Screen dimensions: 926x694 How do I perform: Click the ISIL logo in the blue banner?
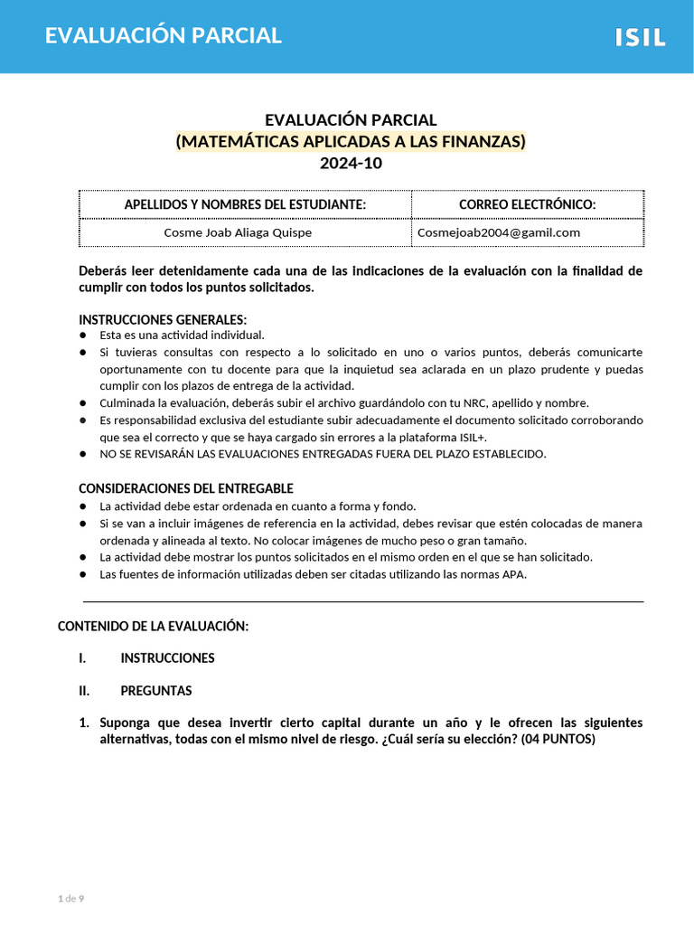[x=641, y=37]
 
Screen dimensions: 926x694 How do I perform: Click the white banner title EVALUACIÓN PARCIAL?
[x=164, y=36]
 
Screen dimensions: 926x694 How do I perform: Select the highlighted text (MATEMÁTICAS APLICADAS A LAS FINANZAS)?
[x=351, y=142]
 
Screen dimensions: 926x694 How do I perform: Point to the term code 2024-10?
[x=351, y=164]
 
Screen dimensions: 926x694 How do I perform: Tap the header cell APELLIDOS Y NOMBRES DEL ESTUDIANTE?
[x=245, y=205]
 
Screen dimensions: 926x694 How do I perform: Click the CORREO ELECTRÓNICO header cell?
[x=528, y=205]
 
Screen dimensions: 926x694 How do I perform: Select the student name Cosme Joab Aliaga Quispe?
[x=238, y=232]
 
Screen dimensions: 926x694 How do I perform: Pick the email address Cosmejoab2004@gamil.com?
[x=499, y=232]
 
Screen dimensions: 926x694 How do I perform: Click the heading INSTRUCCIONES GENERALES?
[x=163, y=319]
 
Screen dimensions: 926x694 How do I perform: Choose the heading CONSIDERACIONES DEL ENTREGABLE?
[x=186, y=488]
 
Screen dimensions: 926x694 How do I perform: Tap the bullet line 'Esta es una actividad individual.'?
[x=182, y=335]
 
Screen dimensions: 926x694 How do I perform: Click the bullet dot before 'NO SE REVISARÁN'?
[x=82, y=454]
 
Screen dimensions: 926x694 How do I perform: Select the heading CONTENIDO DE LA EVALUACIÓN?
[x=153, y=626]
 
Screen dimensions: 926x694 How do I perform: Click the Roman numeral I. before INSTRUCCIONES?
[x=83, y=658]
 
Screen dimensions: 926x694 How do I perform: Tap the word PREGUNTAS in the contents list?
[x=156, y=691]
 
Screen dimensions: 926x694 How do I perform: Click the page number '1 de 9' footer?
[x=70, y=898]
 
